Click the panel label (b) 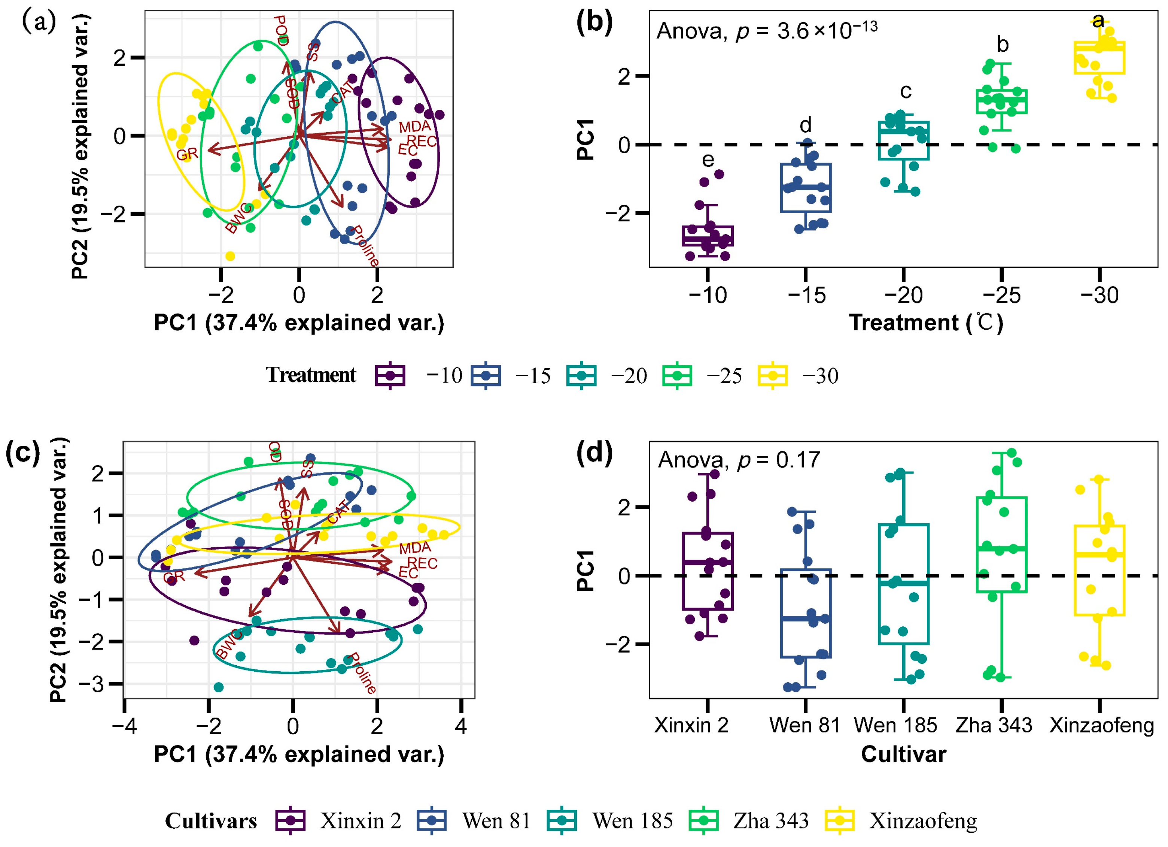point(594,23)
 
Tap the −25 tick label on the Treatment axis point(1001,295)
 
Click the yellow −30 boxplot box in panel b point(1099,58)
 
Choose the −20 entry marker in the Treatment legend point(581,376)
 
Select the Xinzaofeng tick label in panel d point(1102,725)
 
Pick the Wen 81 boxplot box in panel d point(806,613)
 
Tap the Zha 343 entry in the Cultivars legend point(770,821)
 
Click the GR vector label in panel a point(187,155)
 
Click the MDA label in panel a point(414,127)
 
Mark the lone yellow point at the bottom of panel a point(230,256)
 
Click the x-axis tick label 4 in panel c point(460,726)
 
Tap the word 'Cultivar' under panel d point(903,754)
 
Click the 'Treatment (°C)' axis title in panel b point(925,323)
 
